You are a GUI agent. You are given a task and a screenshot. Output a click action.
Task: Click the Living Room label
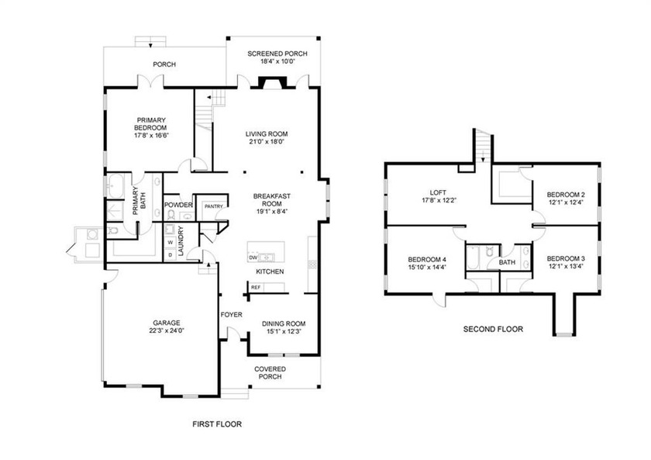(x=267, y=133)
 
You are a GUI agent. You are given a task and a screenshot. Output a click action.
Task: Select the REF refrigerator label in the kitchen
(x=256, y=287)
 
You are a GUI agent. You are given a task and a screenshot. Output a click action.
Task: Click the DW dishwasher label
(x=253, y=258)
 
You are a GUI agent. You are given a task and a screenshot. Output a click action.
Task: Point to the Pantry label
(x=214, y=206)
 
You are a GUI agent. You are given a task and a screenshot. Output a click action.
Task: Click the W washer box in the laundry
(x=170, y=242)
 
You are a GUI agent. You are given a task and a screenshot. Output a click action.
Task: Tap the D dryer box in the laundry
(x=170, y=254)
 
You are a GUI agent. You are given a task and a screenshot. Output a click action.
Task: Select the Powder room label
(x=178, y=205)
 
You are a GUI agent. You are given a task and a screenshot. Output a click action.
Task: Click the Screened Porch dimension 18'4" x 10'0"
(x=277, y=61)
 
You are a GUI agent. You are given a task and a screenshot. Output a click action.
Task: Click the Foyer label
(x=231, y=315)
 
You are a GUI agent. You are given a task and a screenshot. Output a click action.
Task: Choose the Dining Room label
(x=284, y=323)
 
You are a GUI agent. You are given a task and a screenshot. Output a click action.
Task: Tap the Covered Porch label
(x=270, y=373)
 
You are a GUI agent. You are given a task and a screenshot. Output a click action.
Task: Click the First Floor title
(x=217, y=424)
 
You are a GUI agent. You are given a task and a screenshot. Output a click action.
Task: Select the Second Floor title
(x=493, y=329)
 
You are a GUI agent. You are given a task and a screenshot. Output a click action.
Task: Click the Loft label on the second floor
(x=438, y=192)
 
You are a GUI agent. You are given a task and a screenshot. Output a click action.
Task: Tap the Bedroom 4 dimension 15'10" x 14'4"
(x=427, y=268)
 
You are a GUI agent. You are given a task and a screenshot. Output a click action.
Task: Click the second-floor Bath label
(x=507, y=262)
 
